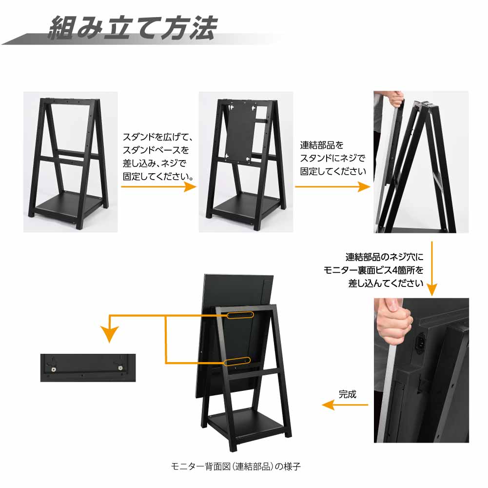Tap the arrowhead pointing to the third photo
point(364,187)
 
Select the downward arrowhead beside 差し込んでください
point(431,290)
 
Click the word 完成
point(347,394)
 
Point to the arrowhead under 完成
point(329,405)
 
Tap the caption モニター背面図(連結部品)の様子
point(236,466)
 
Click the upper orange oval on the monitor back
point(240,315)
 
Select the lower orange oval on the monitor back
point(237,361)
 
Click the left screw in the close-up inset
point(54,369)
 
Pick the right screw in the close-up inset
point(120,368)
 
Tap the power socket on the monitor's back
point(421,342)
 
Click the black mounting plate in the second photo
point(241,131)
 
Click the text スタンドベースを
point(156,150)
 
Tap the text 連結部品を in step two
point(322,145)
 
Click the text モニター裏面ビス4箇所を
point(373,270)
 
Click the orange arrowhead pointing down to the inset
point(109,334)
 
